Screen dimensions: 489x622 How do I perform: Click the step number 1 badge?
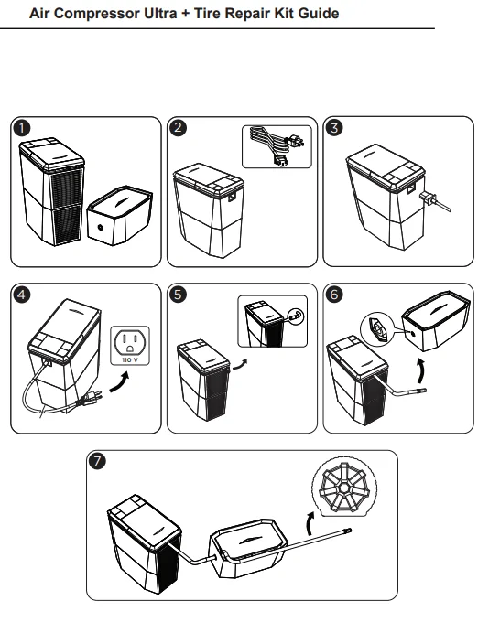[x=21, y=128]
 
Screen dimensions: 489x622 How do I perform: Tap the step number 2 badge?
[x=178, y=128]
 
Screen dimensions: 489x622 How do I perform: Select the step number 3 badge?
[x=334, y=128]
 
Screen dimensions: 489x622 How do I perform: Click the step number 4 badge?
[x=21, y=295]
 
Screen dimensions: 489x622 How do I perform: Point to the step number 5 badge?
[x=178, y=295]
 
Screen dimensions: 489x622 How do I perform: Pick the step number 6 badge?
[x=334, y=295]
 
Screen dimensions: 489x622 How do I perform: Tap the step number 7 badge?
[x=97, y=461]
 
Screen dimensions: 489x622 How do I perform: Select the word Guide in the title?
[x=319, y=13]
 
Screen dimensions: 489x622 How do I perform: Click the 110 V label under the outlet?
[x=130, y=360]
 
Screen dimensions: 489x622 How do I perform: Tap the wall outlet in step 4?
[x=130, y=346]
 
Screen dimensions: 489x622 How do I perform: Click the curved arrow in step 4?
[x=120, y=383]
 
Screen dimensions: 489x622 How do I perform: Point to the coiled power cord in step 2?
[x=277, y=146]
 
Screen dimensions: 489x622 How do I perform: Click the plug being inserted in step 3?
[x=429, y=198]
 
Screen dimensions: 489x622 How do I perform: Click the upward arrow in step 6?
[x=422, y=370]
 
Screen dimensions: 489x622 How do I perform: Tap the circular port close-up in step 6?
[x=376, y=330]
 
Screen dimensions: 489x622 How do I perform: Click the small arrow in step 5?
[x=240, y=365]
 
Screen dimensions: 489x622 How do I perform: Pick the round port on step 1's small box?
[x=100, y=227]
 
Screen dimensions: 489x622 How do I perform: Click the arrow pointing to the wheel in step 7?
[x=310, y=523]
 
